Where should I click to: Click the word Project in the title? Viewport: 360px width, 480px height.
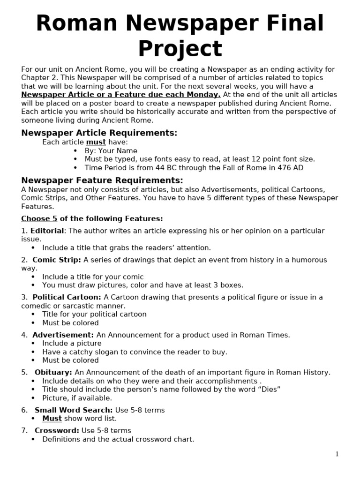tap(180, 49)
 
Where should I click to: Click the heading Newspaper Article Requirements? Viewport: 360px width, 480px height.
tap(99, 133)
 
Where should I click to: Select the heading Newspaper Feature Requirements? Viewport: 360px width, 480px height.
tap(102, 180)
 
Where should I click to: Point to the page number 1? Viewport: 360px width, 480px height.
tap(337, 454)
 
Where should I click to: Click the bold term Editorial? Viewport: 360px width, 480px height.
tap(47, 231)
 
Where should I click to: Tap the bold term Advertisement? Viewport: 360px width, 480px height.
tap(63, 335)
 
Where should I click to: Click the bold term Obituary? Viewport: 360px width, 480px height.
tap(53, 372)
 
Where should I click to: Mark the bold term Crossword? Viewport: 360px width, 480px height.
tap(57, 430)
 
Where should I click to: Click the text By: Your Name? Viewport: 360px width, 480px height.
tap(111, 151)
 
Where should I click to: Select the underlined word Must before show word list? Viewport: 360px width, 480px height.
tap(52, 419)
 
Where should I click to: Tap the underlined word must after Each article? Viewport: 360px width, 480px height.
tap(96, 142)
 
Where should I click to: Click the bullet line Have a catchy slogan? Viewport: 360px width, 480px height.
tap(135, 352)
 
